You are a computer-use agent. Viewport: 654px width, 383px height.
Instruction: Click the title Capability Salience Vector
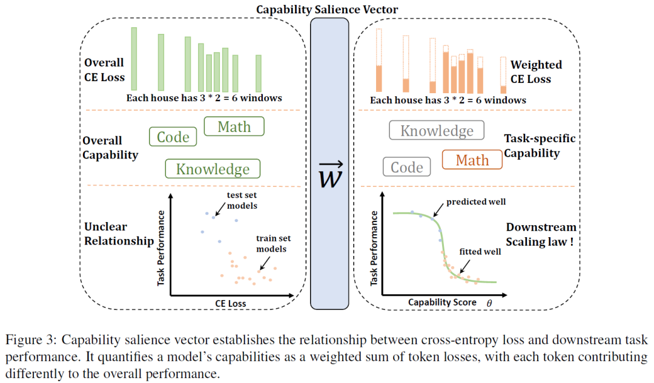(x=327, y=9)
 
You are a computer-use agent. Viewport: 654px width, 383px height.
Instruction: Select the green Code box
(x=173, y=137)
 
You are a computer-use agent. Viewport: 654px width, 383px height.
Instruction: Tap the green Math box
(x=234, y=126)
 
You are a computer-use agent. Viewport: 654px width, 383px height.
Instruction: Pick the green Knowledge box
(x=213, y=169)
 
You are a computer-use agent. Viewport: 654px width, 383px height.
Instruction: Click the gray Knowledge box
(x=437, y=131)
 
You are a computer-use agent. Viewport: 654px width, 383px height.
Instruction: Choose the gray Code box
(x=407, y=167)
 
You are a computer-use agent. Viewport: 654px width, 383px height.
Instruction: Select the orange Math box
(x=472, y=160)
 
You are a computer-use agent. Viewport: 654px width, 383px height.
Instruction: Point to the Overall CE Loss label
(x=105, y=70)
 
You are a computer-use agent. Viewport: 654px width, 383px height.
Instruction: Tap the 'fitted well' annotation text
(x=480, y=251)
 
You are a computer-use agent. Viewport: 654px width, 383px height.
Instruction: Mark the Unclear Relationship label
(x=119, y=234)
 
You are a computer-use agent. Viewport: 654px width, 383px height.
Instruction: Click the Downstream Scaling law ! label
(x=541, y=235)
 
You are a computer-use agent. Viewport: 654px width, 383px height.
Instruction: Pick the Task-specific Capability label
(x=540, y=146)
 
